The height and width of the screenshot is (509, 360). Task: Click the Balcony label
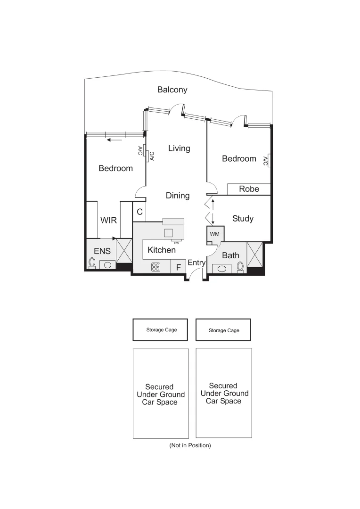click(172, 90)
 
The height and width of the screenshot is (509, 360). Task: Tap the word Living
click(179, 148)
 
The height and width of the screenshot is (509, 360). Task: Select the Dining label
click(178, 195)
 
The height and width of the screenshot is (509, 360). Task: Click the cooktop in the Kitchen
click(156, 267)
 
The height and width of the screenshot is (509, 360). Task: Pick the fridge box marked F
click(178, 267)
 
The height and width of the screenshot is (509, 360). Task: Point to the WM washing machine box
click(215, 234)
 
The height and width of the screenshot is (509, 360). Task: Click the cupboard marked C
click(139, 212)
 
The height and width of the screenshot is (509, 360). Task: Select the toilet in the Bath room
click(241, 267)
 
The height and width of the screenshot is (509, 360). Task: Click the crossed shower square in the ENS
click(124, 251)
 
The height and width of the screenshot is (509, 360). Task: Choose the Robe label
click(249, 189)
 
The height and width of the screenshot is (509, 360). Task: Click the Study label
click(243, 219)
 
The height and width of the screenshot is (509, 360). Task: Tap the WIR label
click(108, 220)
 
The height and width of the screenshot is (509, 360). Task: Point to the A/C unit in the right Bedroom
click(266, 161)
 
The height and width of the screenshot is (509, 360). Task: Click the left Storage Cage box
click(160, 329)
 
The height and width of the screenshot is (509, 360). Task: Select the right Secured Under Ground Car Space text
click(224, 393)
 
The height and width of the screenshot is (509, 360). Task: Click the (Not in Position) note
click(190, 445)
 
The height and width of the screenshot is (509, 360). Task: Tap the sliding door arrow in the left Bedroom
click(114, 140)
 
